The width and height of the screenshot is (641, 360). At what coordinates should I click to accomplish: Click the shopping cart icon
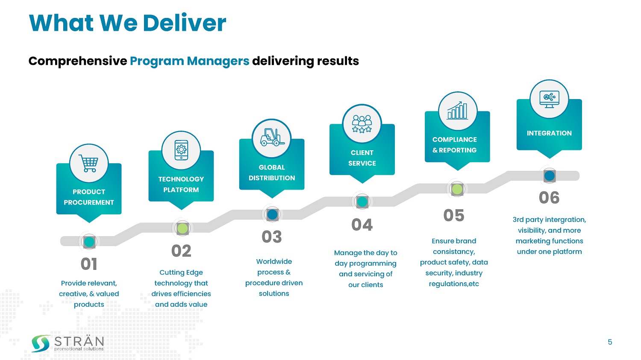pos(89,164)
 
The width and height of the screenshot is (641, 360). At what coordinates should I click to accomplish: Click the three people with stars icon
pos(362,124)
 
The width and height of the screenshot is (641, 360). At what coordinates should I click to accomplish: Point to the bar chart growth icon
pos(458,111)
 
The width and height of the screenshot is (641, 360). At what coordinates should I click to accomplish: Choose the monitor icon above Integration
pos(549,99)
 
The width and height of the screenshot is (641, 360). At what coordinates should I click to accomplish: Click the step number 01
pos(89,264)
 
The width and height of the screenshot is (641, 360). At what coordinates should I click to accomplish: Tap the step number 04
pos(362,225)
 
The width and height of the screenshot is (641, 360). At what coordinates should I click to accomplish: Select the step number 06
pos(549,198)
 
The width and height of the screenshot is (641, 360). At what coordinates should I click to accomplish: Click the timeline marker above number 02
pos(182,228)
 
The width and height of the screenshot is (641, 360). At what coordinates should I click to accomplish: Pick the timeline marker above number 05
pos(457,189)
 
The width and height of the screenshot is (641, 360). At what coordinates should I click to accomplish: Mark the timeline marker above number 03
pos(272,214)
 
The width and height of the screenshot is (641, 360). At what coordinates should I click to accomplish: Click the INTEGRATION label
pos(549,133)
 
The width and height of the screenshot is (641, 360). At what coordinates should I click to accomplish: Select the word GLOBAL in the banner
pos(272,167)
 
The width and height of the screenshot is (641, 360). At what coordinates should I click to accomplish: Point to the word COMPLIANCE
pos(454,140)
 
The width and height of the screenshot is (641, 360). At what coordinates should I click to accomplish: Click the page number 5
pos(610,342)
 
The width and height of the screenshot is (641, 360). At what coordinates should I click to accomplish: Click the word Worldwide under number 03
pos(274,261)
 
